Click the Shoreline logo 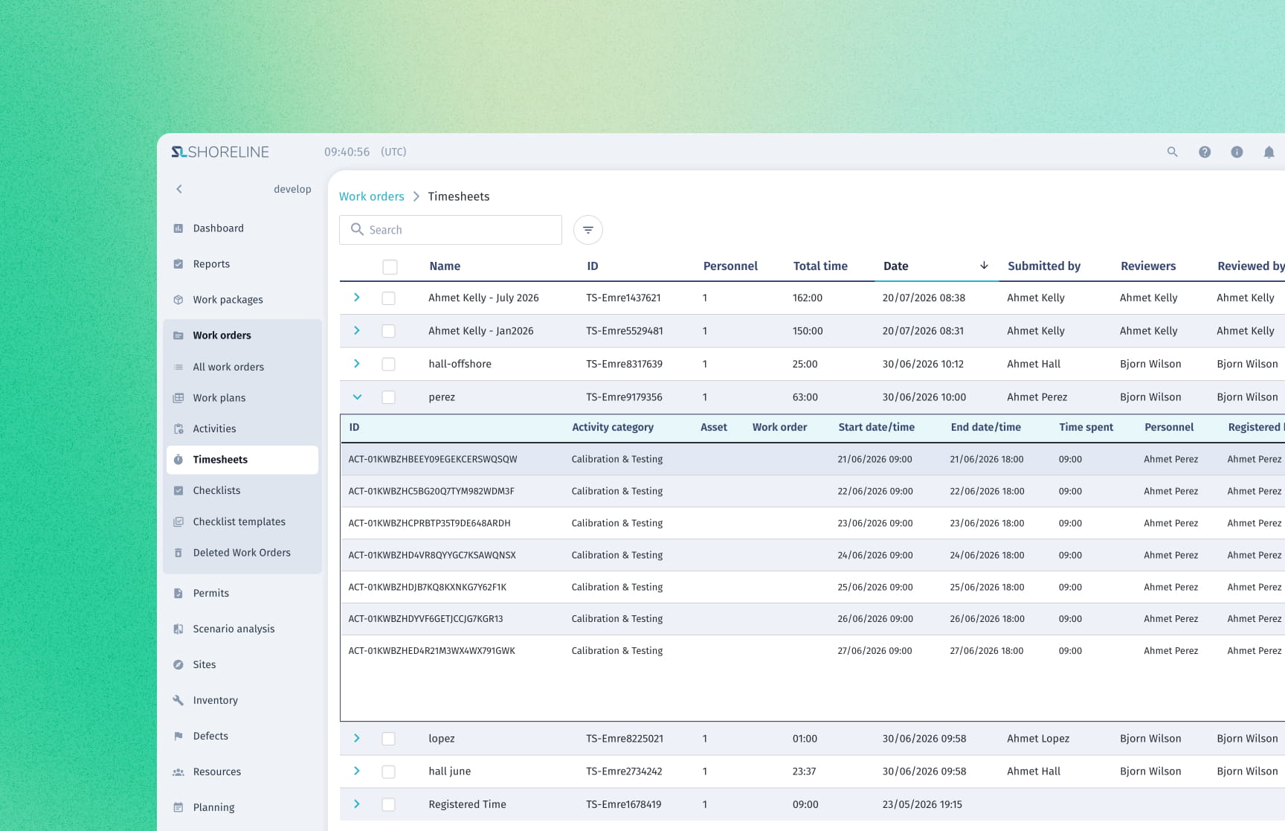[220, 152]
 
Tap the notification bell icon [1269, 152]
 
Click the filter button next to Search [587, 230]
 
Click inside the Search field [451, 230]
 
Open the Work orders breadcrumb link [372, 196]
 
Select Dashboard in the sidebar [218, 228]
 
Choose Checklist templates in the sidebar [239, 522]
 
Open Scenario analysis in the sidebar [234, 629]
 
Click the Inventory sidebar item [215, 700]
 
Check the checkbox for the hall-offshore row [388, 365]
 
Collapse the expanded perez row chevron [357, 397]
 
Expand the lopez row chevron [357, 739]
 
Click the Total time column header [820, 266]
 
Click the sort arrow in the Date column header [984, 266]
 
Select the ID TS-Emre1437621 [623, 298]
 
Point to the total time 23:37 [804, 771]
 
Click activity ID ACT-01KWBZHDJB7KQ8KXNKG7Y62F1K [427, 587]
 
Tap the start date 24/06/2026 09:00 [875, 555]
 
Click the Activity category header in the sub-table [613, 427]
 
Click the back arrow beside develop [179, 189]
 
